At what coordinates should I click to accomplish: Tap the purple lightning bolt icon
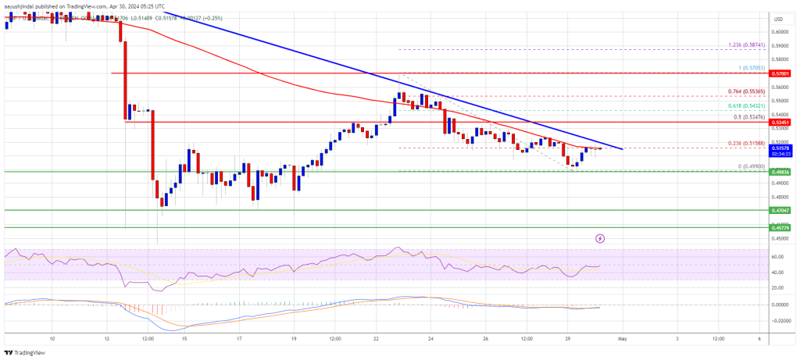600,238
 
